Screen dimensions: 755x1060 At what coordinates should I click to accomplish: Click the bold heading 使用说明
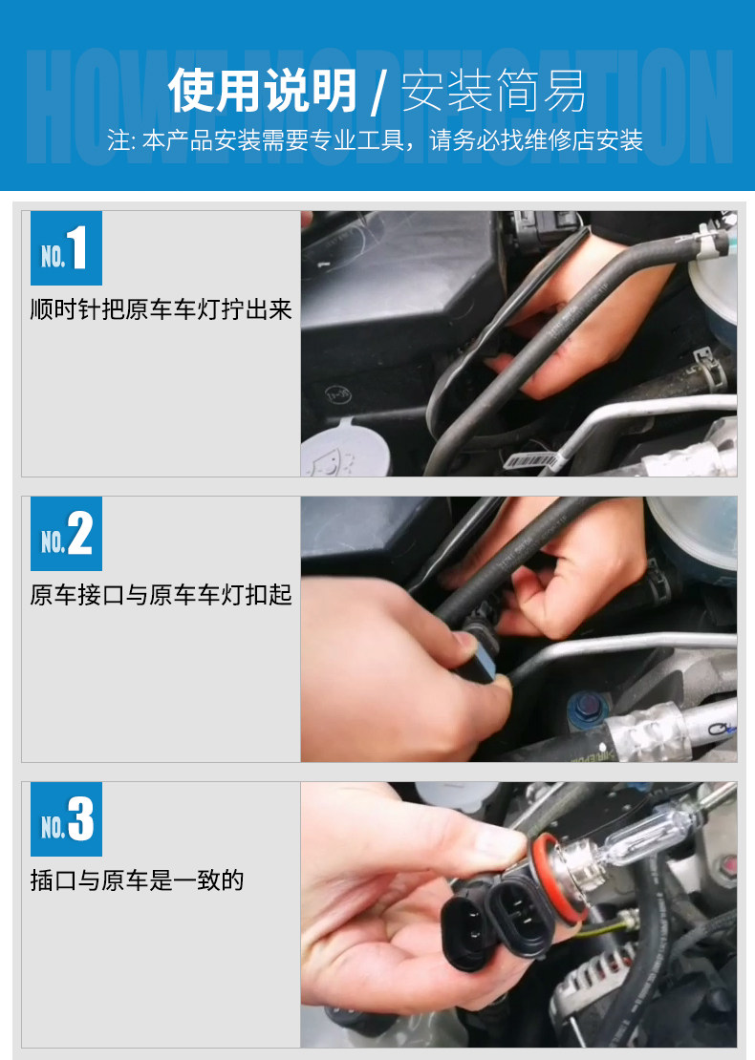263,91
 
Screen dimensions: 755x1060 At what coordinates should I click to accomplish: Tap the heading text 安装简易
494,91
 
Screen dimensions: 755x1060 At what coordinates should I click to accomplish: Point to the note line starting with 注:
375,140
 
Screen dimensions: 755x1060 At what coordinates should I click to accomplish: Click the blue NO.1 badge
66,248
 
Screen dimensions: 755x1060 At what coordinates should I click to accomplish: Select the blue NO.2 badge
66,534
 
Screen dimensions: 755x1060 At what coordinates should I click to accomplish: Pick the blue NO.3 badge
66,819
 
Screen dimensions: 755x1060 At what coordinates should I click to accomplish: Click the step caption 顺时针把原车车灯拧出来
161,309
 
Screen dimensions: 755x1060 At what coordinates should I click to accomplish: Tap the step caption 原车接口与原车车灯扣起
161,595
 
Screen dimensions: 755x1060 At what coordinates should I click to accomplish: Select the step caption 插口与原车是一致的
137,880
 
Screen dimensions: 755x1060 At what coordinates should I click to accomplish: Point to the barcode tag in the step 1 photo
533,461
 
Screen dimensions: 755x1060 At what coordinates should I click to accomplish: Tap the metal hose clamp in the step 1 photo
706,370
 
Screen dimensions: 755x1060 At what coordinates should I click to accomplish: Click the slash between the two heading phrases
379,93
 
